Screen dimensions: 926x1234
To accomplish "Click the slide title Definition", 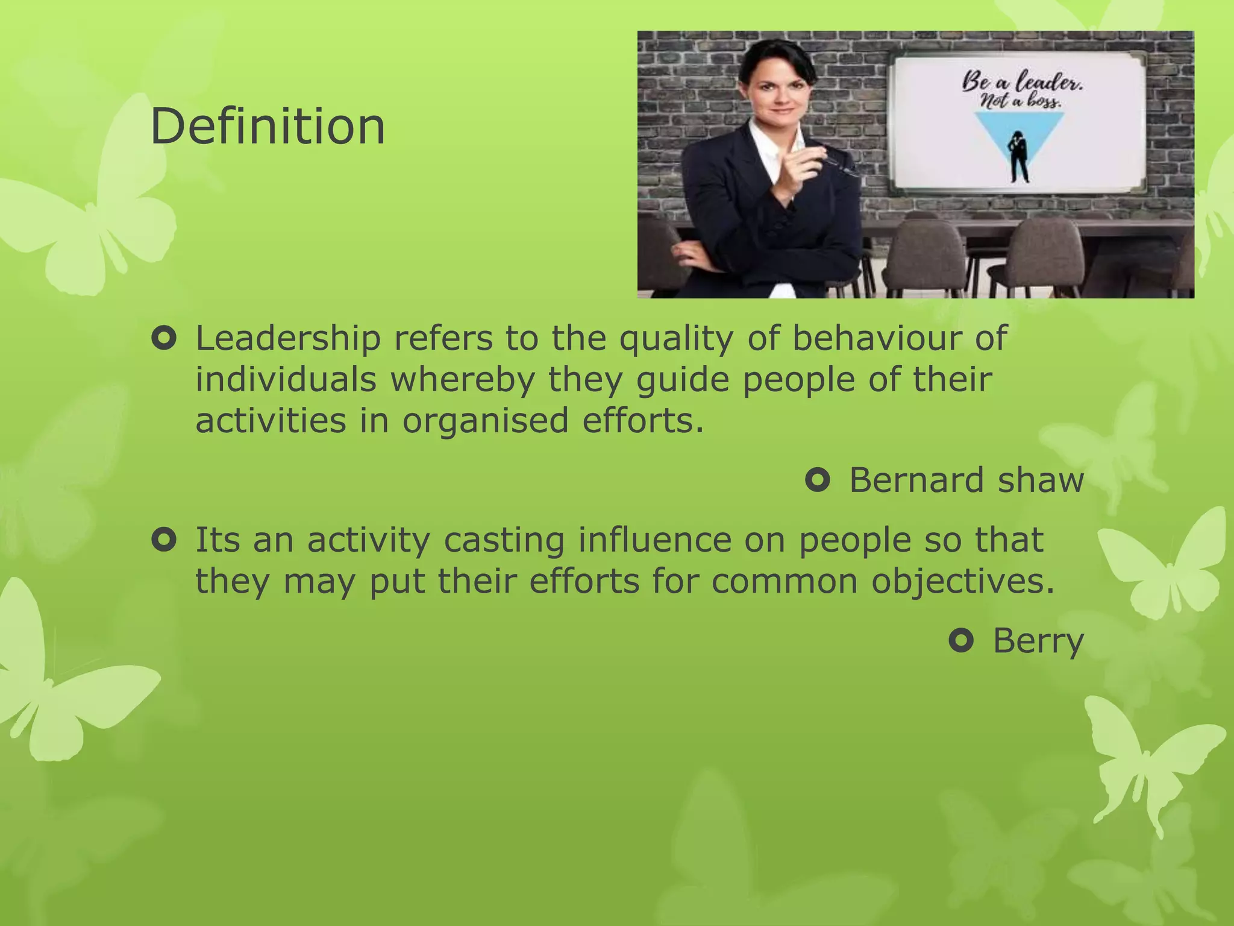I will click(268, 127).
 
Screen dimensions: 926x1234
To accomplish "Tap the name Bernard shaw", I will click(966, 480).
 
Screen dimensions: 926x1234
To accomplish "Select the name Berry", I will click(1038, 640).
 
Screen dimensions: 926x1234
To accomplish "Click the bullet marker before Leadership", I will click(164, 339).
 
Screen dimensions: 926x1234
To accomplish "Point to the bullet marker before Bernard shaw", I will click(818, 480).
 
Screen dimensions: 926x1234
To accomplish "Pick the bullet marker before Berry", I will click(961, 640).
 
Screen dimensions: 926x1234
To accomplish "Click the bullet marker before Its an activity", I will click(164, 540).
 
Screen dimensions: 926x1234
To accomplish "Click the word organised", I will click(485, 421).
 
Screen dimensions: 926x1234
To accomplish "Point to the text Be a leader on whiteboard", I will click(1022, 81).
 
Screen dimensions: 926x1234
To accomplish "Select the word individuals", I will click(286, 380).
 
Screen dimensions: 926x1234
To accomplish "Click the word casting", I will click(504, 540).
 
